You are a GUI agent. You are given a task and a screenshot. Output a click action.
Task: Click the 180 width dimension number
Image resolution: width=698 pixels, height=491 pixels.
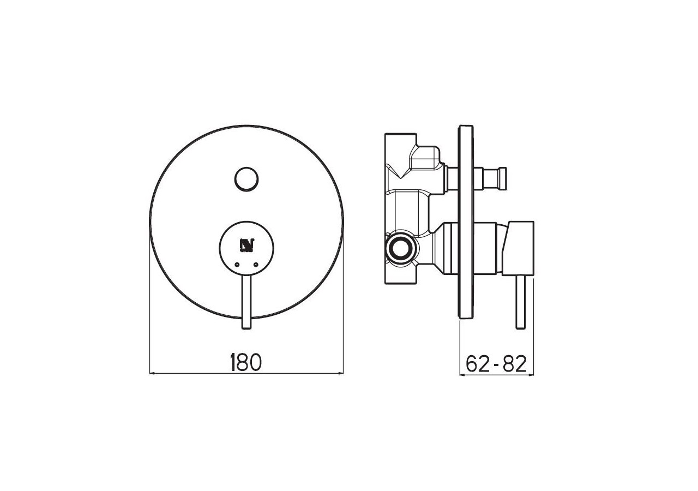246,362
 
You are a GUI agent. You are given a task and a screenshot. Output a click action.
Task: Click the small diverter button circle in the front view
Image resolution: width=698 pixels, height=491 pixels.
246,178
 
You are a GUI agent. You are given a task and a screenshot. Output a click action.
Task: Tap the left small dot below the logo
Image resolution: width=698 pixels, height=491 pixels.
237,264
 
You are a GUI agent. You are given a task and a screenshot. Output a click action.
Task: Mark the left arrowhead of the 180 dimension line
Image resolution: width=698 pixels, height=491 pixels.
153,373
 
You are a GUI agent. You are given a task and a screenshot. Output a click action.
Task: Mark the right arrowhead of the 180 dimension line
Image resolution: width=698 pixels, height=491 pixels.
340,373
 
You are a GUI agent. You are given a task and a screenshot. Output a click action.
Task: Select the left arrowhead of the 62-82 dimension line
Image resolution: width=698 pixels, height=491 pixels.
464,375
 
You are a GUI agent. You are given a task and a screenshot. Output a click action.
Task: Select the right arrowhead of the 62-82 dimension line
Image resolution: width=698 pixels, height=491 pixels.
530,375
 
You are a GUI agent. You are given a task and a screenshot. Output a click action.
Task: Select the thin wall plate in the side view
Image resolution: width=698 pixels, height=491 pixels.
465,221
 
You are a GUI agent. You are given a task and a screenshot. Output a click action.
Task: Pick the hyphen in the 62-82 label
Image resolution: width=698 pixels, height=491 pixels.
496,364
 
